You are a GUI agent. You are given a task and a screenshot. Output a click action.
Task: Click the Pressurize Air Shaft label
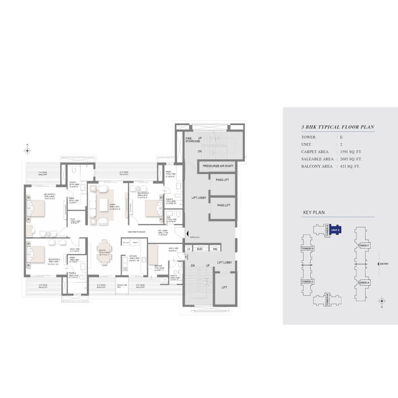[x=218, y=166]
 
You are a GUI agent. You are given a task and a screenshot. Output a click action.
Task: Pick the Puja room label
[x=73, y=220]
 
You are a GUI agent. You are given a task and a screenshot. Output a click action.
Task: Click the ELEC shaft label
[x=200, y=249]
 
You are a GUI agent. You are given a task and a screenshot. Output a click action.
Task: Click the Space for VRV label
[x=122, y=287]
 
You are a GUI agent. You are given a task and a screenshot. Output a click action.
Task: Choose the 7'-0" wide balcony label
[x=43, y=174]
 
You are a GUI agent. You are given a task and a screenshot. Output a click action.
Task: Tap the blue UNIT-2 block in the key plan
[x=335, y=230]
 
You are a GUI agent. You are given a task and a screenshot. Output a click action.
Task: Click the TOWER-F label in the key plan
[x=363, y=246]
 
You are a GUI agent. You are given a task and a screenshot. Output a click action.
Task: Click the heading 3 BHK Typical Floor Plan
[x=338, y=127]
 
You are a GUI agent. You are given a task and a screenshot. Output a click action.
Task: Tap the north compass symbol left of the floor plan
[x=27, y=150]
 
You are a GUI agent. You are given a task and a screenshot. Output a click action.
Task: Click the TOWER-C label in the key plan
[x=308, y=282]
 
